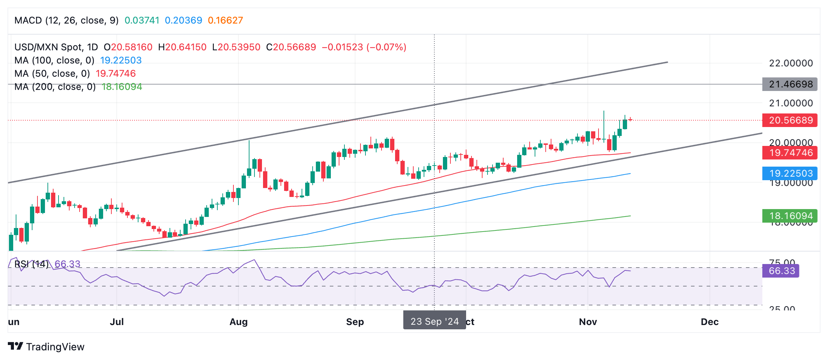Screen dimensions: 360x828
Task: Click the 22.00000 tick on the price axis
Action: coord(791,63)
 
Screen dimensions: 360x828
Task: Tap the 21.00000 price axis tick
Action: coord(791,103)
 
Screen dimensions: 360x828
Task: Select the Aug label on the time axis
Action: coord(238,322)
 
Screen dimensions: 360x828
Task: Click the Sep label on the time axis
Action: coord(355,322)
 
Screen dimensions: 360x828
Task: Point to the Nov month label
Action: coord(588,322)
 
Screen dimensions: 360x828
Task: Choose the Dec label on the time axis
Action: coord(710,322)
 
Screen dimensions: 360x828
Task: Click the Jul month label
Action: coord(117,322)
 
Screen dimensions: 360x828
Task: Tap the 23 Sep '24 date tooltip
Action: coord(434,321)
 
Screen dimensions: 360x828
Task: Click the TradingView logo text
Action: coord(55,347)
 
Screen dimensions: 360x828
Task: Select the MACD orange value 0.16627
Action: coord(225,20)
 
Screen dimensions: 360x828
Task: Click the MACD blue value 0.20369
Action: coord(183,20)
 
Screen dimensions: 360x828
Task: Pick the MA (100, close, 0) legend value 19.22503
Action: coord(121,60)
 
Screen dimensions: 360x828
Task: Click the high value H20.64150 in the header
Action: coord(182,47)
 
